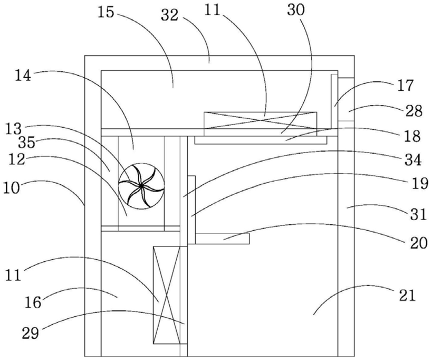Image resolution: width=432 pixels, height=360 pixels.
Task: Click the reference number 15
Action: click(106, 12)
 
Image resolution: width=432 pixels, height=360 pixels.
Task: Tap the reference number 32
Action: click(170, 15)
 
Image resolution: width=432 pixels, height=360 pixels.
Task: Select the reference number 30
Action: click(296, 10)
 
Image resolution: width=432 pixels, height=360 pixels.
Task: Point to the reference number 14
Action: click(23, 76)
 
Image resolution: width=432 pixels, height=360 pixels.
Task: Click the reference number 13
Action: click(13, 129)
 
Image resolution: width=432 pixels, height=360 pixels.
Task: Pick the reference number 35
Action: click(27, 143)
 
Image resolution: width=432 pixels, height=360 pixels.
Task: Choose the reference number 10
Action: click(12, 188)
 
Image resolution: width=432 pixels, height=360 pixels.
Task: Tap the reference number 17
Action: click(405, 86)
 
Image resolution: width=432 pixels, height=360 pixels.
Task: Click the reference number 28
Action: click(414, 111)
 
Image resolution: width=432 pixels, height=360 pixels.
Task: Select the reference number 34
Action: click(413, 160)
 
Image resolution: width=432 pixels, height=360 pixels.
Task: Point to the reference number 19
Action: click(419, 183)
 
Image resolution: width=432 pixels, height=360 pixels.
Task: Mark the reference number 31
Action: click(418, 214)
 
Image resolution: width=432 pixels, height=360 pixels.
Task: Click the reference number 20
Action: click(419, 243)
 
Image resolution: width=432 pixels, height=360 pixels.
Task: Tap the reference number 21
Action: click(407, 296)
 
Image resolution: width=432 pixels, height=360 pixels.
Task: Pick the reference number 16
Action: click(34, 302)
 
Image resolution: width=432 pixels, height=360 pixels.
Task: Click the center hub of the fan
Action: click(141, 186)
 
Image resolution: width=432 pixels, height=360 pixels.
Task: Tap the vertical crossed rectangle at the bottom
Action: click(167, 295)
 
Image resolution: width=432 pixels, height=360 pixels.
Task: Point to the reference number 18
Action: click(412, 136)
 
